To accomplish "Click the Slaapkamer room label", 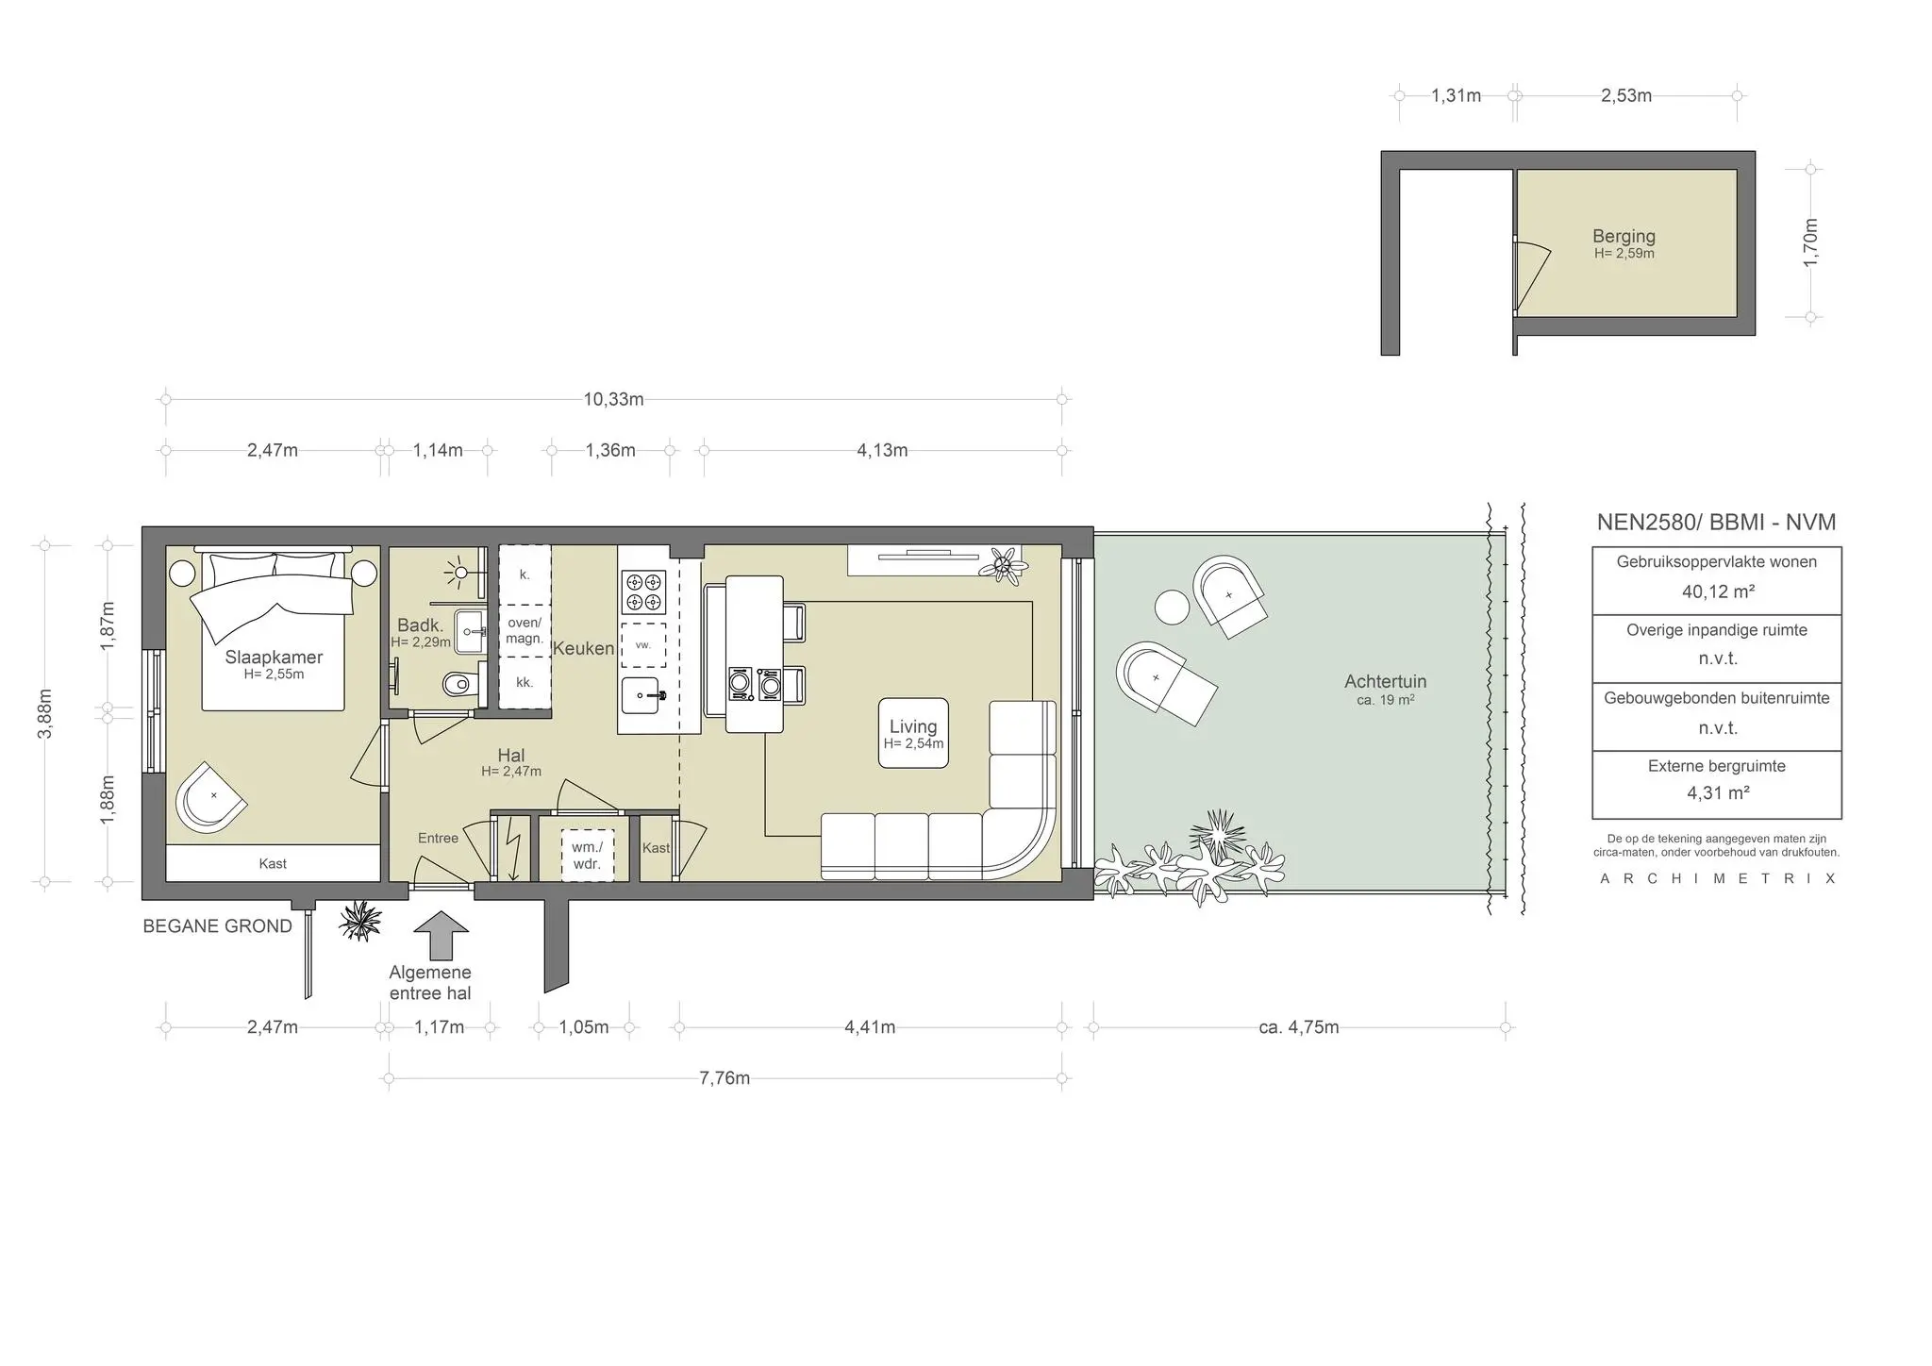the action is tap(274, 658).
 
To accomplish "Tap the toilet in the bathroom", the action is tap(457, 681).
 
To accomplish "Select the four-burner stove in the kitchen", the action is tap(643, 591).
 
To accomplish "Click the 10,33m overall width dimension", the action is tap(613, 399).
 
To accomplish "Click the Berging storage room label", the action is tap(1624, 236).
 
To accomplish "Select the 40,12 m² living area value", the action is tap(1718, 591).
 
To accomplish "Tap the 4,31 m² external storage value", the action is tap(1718, 793).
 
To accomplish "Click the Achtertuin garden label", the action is tap(1385, 681).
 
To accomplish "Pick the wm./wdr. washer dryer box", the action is tap(587, 856).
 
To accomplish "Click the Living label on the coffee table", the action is tap(913, 726).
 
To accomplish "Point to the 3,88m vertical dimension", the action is tap(44, 714).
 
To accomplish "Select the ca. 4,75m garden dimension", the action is tap(1299, 1027).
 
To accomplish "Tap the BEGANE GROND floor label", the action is tap(217, 926).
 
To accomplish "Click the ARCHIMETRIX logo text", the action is tap(1718, 878).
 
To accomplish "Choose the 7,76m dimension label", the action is tap(724, 1077).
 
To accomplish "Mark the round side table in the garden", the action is tap(1173, 607).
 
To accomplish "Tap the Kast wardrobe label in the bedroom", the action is tap(273, 863).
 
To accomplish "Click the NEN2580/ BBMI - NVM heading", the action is tap(1716, 523).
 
